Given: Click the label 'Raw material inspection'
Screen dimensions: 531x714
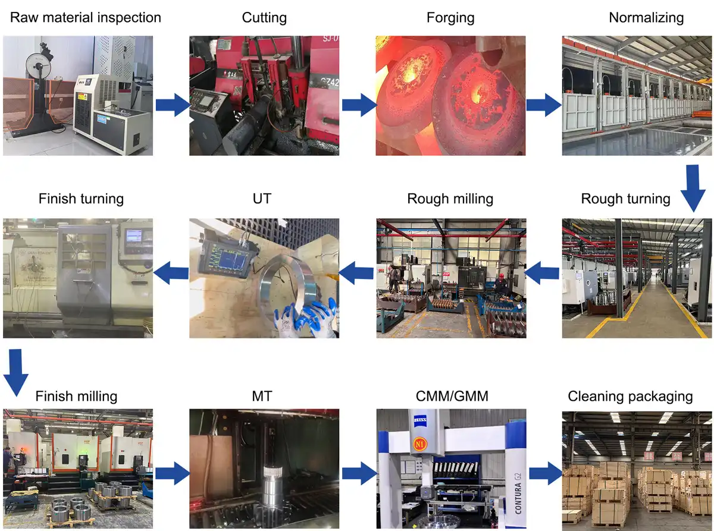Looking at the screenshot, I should pyautogui.click(x=86, y=17).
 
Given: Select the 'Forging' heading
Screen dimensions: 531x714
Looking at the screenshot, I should pyautogui.click(x=450, y=17).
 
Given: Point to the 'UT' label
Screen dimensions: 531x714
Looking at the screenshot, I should pyautogui.click(x=262, y=198).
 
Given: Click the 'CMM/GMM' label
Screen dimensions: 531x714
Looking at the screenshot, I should pyautogui.click(x=450, y=395).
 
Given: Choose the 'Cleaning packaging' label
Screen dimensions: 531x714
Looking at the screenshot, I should pyautogui.click(x=630, y=396).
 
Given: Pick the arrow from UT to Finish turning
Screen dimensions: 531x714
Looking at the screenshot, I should pyautogui.click(x=171, y=274).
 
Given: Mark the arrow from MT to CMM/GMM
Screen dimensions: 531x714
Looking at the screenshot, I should pyautogui.click(x=359, y=473).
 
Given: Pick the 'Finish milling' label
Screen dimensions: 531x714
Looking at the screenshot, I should pyautogui.click(x=76, y=396).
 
